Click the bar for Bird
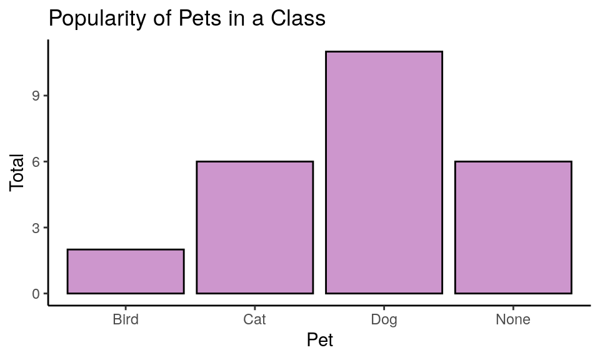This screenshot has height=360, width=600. [x=126, y=271]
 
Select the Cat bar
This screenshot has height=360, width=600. [x=254, y=227]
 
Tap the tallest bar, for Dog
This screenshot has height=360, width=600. [x=384, y=172]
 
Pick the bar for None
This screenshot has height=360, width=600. [x=513, y=227]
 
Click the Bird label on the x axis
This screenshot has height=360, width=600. [x=126, y=320]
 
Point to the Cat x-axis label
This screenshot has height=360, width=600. [x=254, y=320]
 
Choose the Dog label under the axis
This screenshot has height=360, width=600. [x=384, y=320]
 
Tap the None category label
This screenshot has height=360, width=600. [x=513, y=320]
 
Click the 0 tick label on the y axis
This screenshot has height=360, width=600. [x=36, y=294]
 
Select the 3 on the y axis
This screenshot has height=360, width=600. [x=36, y=227]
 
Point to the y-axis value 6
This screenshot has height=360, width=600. [x=36, y=162]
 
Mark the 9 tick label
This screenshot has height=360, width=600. [x=36, y=96]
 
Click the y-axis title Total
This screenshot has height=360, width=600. [x=17, y=172]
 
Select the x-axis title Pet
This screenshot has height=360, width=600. [x=319, y=341]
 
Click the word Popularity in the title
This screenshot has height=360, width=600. [x=96, y=19]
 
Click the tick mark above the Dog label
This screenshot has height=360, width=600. [x=384, y=308]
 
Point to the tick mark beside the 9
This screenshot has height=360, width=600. [x=46, y=96]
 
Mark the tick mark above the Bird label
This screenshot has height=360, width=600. [x=126, y=308]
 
